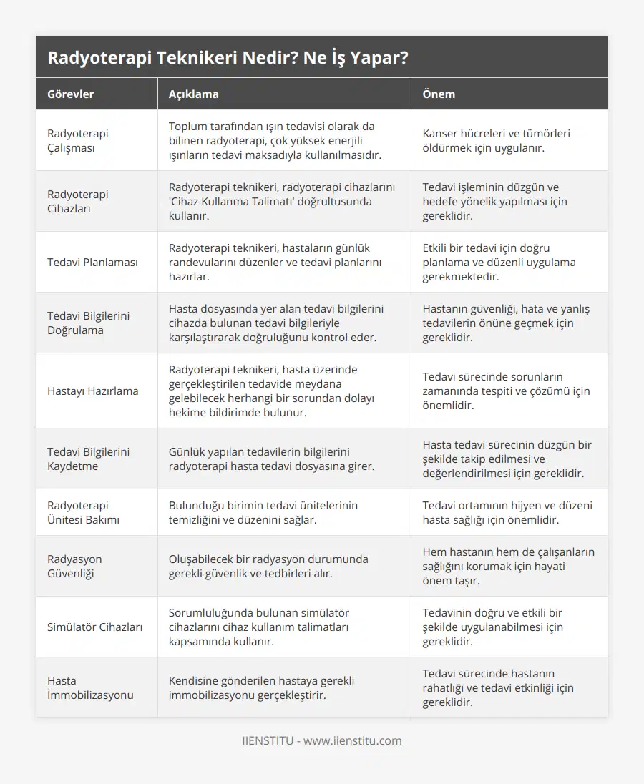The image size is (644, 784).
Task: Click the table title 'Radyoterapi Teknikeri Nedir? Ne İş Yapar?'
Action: click(x=228, y=58)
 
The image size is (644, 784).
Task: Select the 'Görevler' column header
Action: click(x=70, y=94)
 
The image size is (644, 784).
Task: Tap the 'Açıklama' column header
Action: click(x=193, y=94)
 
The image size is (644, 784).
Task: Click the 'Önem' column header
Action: click(x=439, y=94)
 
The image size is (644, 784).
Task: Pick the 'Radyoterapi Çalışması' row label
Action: click(x=78, y=140)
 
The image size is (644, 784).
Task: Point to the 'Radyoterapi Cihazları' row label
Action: click(x=78, y=201)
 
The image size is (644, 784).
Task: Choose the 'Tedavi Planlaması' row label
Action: click(x=92, y=262)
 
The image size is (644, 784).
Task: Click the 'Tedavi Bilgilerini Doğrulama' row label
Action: click(x=89, y=323)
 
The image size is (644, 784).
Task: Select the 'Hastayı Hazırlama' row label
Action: click(x=93, y=391)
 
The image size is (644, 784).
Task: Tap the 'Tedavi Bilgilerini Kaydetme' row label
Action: click(x=89, y=459)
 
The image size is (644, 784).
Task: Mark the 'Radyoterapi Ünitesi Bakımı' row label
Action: click(x=83, y=512)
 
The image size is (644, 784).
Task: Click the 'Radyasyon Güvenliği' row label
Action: click(x=74, y=566)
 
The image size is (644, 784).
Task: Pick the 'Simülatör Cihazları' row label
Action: click(x=94, y=627)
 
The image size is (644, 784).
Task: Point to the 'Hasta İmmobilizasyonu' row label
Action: click(x=90, y=687)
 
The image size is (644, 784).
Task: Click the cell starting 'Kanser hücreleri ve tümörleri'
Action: click(x=496, y=140)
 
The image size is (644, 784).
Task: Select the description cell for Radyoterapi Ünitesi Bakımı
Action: click(x=263, y=512)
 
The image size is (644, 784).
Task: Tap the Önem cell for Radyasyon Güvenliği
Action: click(x=508, y=566)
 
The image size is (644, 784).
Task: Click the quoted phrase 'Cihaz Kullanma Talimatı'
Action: click(x=234, y=201)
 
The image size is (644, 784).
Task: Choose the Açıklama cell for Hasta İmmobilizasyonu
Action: click(x=261, y=687)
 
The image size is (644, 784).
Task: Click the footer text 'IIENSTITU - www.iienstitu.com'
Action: click(x=322, y=740)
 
